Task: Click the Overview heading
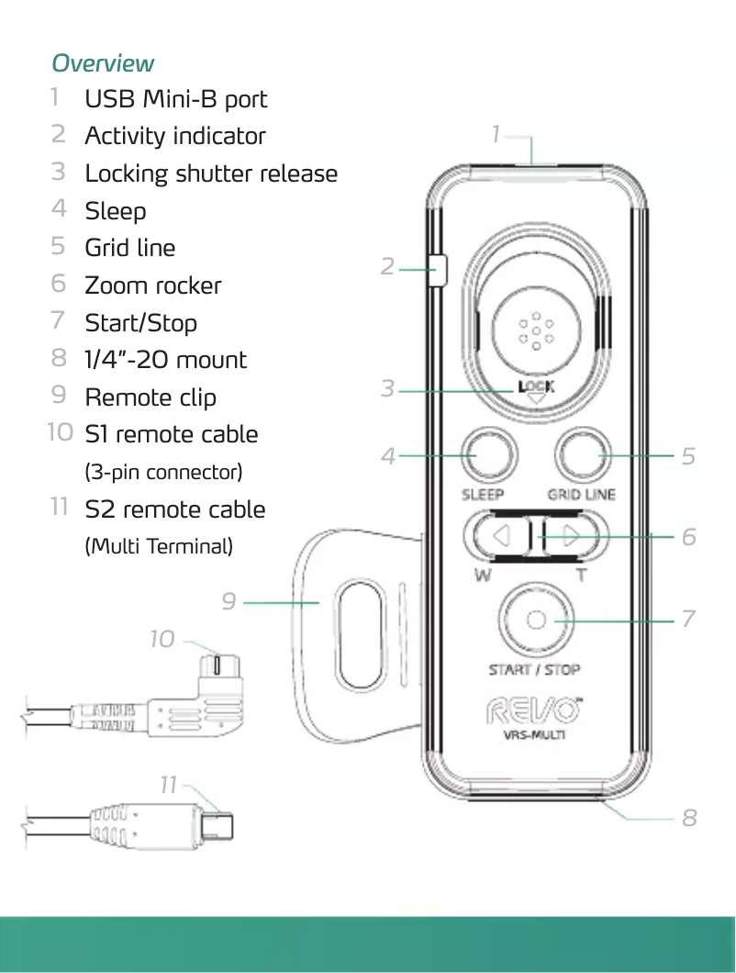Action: tap(103, 63)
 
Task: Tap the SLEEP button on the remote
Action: tap(487, 454)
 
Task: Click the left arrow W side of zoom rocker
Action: tap(499, 536)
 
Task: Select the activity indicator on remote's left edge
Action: tap(438, 270)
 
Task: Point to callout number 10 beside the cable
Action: tap(162, 638)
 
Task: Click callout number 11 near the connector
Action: tap(168, 786)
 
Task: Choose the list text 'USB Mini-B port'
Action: tap(176, 99)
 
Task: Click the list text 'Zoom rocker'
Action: tap(153, 285)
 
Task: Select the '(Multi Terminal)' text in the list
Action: tap(159, 547)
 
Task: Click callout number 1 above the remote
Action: tap(496, 134)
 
